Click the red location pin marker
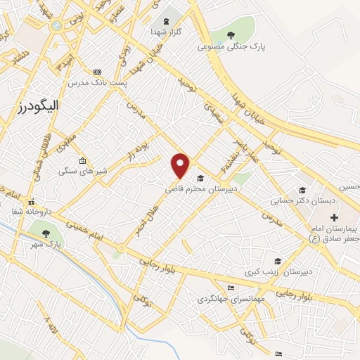181,165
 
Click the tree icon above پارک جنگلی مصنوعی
232,34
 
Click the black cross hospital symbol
334,217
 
